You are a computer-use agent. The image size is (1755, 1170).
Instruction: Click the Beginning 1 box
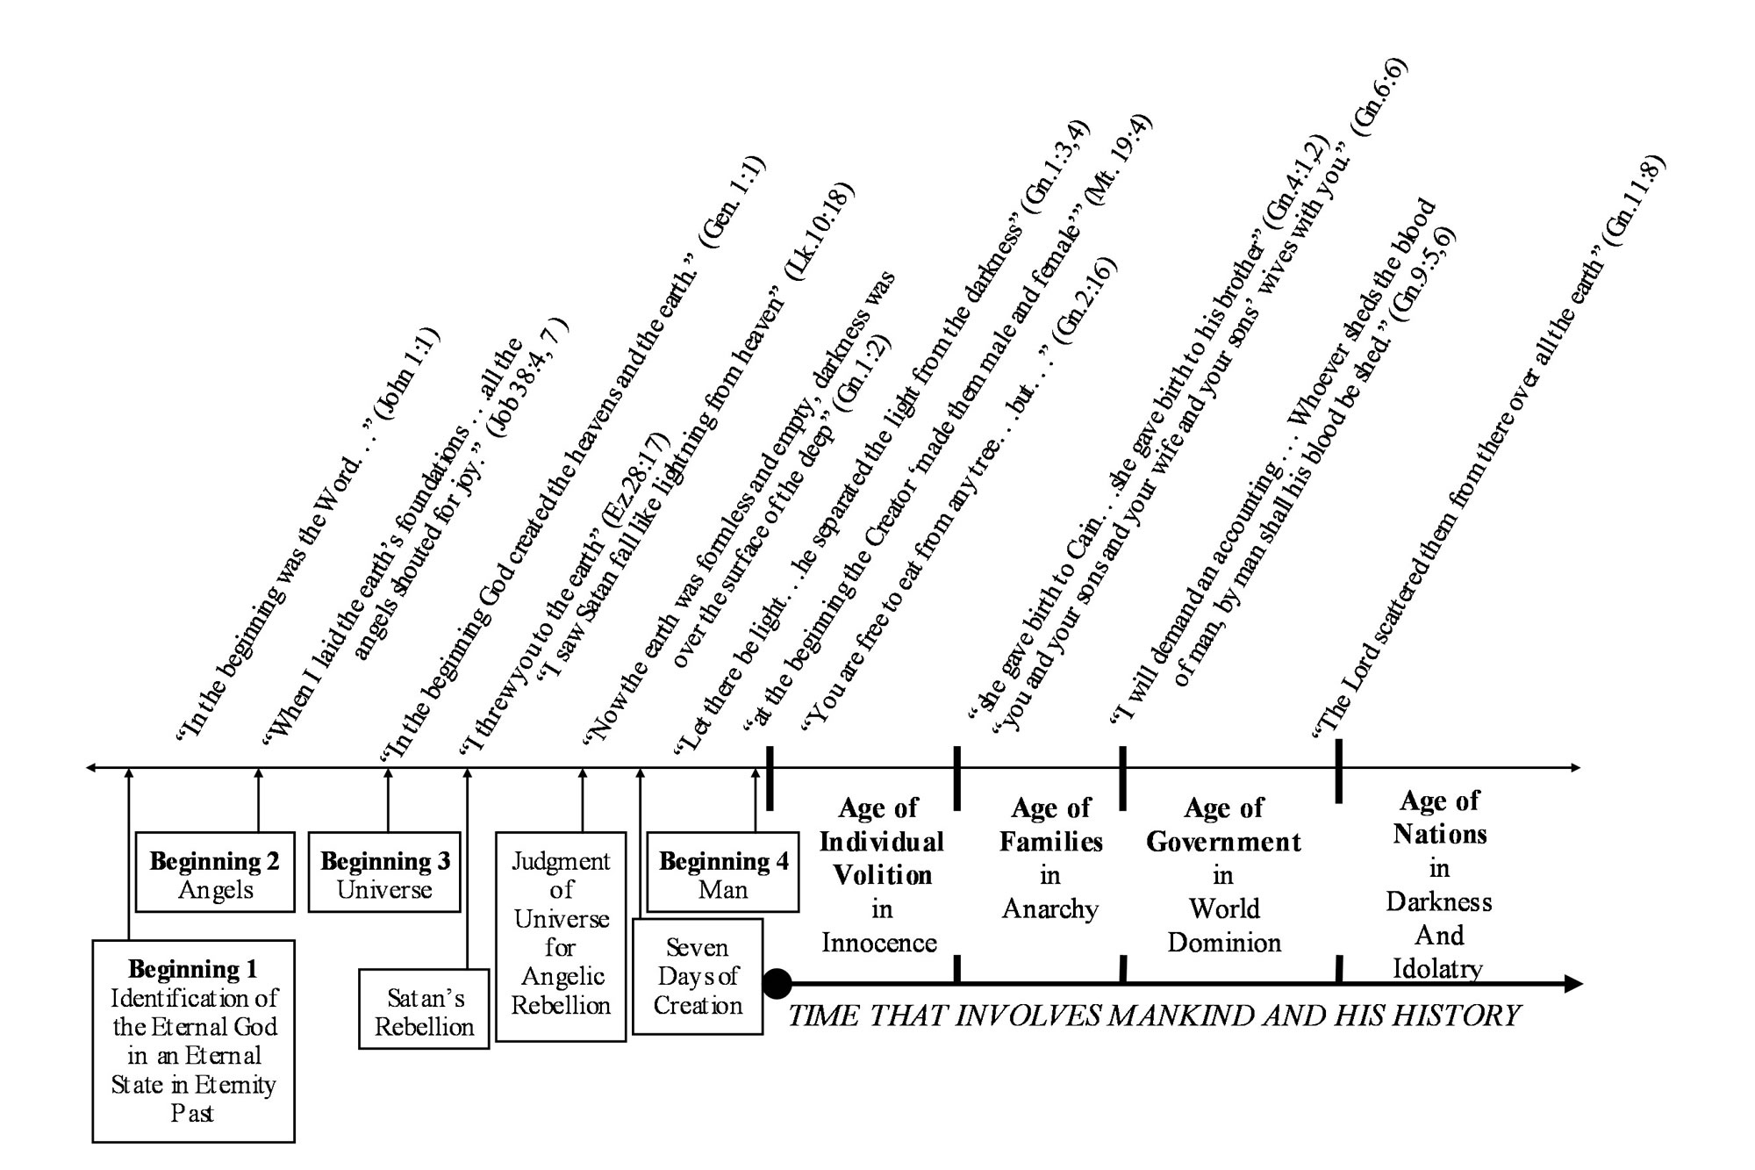[x=193, y=1041]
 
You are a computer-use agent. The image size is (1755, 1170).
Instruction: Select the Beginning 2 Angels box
[x=215, y=872]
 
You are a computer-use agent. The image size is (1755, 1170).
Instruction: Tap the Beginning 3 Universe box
[x=384, y=872]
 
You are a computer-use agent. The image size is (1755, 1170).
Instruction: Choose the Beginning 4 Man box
[x=723, y=872]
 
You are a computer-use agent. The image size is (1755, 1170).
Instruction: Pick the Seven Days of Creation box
[x=698, y=976]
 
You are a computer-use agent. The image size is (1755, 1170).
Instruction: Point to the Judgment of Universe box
[x=561, y=936]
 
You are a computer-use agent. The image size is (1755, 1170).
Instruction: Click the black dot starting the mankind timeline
[x=777, y=984]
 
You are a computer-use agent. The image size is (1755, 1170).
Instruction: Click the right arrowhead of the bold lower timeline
[x=1574, y=984]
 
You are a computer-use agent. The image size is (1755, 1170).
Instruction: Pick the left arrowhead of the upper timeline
[x=90, y=768]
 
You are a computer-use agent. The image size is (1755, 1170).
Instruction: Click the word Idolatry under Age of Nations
[x=1438, y=969]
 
